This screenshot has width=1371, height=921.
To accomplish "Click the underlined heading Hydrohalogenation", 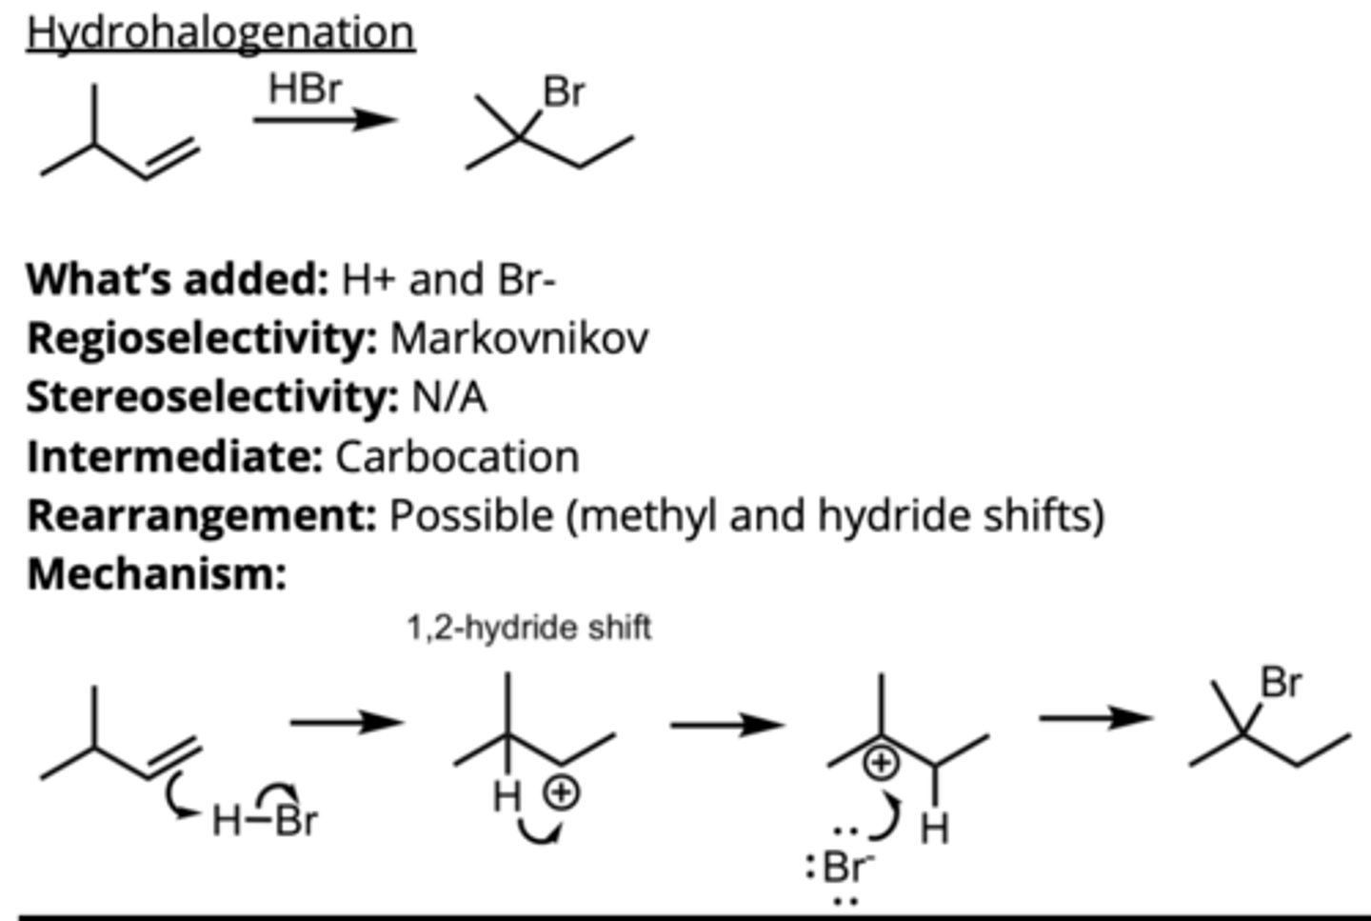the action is coord(220,33).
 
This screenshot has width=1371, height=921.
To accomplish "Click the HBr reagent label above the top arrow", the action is coord(305,89).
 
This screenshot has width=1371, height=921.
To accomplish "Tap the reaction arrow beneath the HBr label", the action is coord(324,119).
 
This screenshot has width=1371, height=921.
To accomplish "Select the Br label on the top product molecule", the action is coord(564,92).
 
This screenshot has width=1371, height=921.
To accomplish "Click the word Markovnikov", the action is coord(519,338).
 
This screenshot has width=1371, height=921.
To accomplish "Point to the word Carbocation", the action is coord(457,457).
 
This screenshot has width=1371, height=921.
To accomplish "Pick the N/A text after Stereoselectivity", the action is coord(448,397).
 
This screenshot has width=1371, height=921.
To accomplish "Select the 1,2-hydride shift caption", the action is coord(528,628).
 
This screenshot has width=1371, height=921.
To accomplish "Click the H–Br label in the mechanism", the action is coord(265,819).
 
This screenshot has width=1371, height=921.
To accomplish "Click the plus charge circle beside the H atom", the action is coord(562,791).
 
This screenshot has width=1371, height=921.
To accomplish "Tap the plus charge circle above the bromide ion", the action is coord(882,763).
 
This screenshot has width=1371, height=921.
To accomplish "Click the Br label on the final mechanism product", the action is coord(1282,683).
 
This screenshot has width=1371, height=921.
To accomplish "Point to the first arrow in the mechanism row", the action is coord(346,723).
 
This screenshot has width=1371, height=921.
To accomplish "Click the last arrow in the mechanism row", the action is coord(1095,717).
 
